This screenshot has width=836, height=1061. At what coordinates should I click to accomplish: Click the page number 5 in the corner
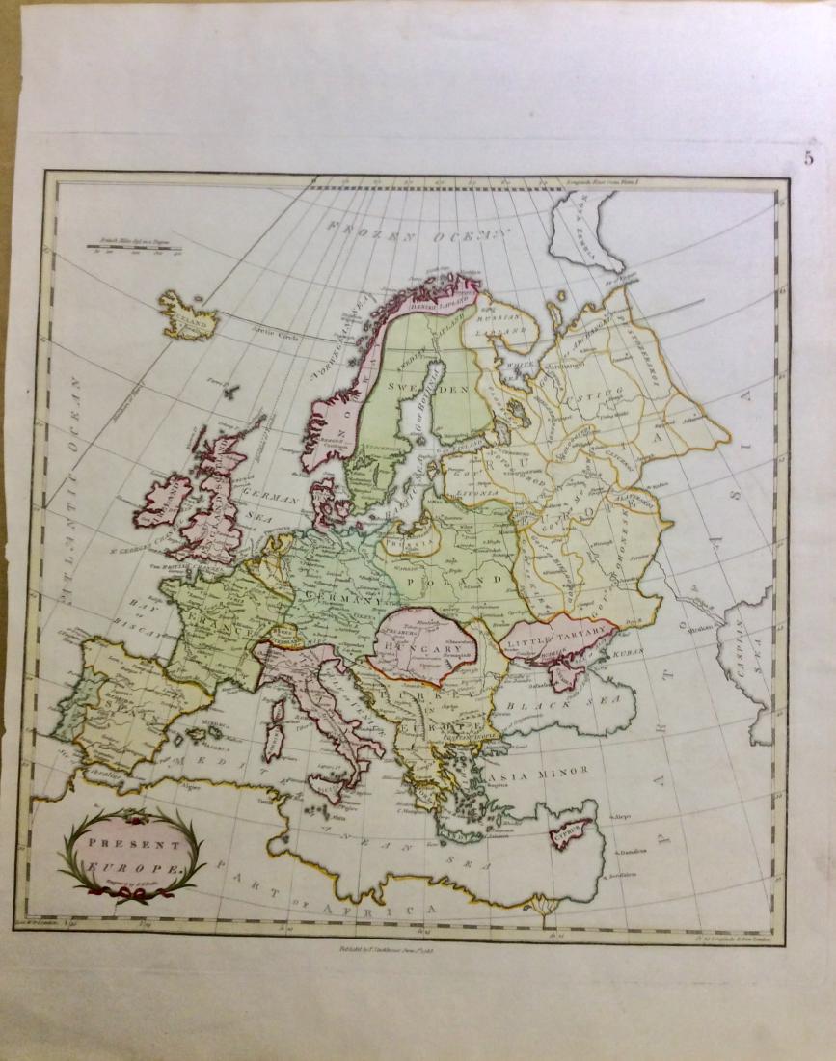809,159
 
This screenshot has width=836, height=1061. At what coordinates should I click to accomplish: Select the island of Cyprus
571,832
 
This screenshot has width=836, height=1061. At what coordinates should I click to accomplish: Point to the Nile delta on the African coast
545,905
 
